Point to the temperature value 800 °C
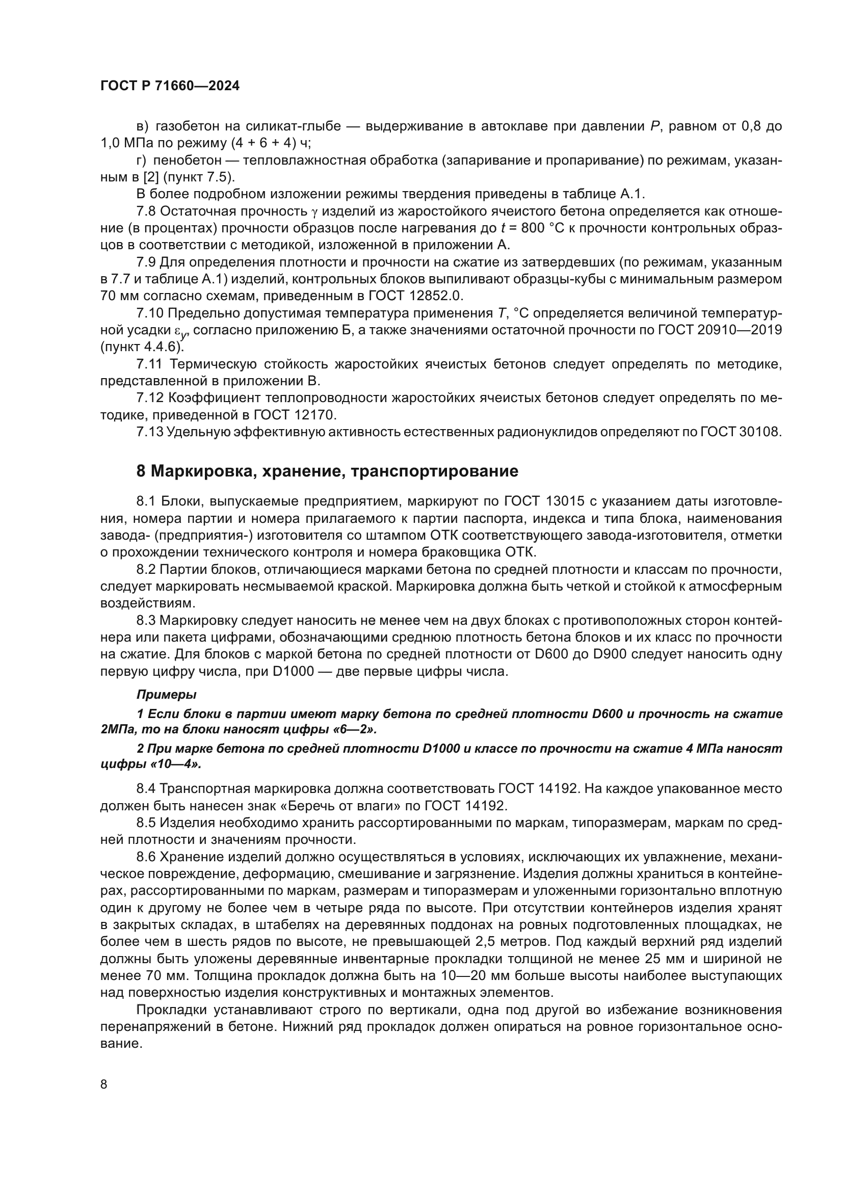click(538, 228)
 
